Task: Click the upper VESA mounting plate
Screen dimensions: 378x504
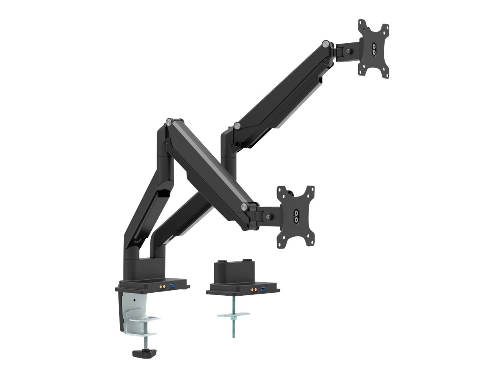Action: (373, 48)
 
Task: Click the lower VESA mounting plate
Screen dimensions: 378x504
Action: (296, 217)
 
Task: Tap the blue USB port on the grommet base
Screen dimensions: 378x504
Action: (263, 290)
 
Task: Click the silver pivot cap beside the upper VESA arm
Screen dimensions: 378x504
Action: (326, 43)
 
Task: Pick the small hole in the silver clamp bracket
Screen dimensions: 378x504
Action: (134, 300)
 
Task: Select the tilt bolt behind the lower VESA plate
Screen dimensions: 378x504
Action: (268, 216)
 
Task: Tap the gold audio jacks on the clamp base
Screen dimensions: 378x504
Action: (161, 285)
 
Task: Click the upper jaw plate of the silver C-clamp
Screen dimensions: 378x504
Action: (144, 320)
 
